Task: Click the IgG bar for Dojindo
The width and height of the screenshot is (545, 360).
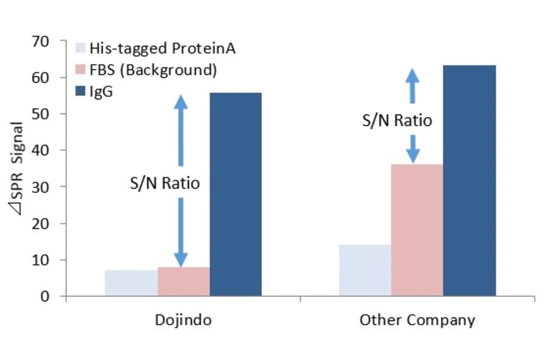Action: point(236,194)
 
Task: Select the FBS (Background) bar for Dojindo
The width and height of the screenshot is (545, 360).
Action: point(183,281)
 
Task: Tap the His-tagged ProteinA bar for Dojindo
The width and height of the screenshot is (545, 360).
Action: point(131,283)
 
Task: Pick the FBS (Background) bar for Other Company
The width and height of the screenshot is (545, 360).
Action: point(417,230)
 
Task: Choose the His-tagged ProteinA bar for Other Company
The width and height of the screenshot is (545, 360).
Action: point(365,270)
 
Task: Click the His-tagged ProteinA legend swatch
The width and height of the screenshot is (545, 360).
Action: point(81,48)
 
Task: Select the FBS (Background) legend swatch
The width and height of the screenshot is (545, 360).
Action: point(81,70)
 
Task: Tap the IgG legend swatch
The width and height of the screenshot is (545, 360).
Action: point(81,92)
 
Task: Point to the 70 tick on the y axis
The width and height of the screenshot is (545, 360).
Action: point(50,41)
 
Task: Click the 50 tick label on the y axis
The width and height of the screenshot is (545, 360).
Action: point(50,114)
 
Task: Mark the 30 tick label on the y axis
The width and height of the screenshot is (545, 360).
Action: point(50,187)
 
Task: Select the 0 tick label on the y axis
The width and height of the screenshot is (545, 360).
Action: point(53,296)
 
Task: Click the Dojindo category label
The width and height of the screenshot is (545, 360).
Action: point(183,319)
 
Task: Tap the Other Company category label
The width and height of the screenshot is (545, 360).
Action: point(417,319)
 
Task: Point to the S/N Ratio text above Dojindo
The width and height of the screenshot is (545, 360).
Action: point(165,182)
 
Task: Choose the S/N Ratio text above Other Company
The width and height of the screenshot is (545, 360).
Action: point(397,120)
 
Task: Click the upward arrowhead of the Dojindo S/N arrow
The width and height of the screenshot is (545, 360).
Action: point(181,102)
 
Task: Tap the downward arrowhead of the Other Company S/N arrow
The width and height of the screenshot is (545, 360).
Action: point(413,156)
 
